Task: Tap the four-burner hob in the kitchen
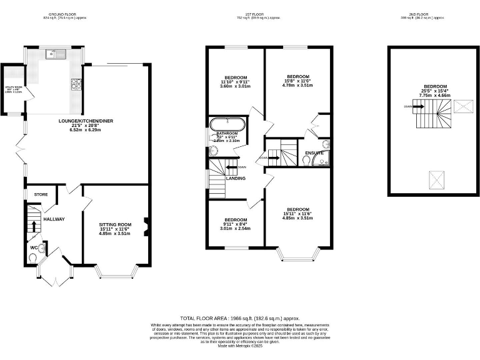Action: coord(77,83)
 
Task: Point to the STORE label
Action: coord(41,194)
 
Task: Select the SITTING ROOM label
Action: coord(115,224)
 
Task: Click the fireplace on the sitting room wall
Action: coord(146,227)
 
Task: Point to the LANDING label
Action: coord(236,178)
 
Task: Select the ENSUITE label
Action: coord(314,152)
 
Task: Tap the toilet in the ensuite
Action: coord(305,160)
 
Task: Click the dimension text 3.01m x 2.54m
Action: coord(236,229)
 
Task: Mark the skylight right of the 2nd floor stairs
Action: coord(462,107)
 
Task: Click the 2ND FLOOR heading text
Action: coord(430,13)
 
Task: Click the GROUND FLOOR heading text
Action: coord(64,13)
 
